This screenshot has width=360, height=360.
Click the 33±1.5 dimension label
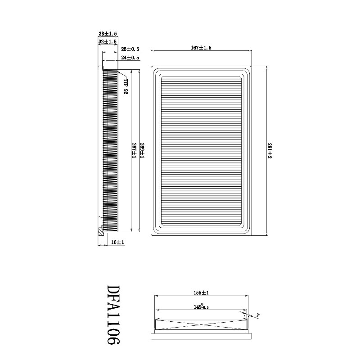pyautogui.click(x=108, y=34)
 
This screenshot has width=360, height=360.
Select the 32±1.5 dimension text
pyautogui.click(x=108, y=42)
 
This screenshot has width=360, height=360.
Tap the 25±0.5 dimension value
pyautogui.click(x=130, y=49)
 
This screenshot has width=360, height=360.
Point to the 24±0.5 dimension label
pyautogui.click(x=130, y=58)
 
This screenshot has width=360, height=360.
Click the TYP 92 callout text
pyautogui.click(x=126, y=86)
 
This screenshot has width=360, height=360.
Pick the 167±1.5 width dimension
pyautogui.click(x=201, y=48)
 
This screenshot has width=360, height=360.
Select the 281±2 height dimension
pyautogui.click(x=270, y=151)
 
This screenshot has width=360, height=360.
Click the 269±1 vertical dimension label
pyautogui.click(x=142, y=150)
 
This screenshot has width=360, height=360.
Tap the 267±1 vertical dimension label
pyautogui.click(x=134, y=150)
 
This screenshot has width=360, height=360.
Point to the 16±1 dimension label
pyautogui.click(x=118, y=242)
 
